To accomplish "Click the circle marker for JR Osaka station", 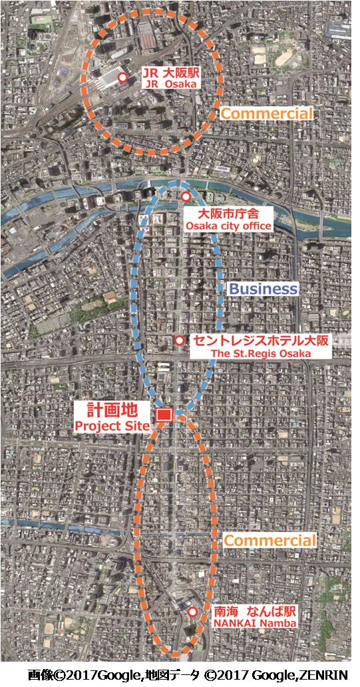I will [122, 78].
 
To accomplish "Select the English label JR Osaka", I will [164, 85].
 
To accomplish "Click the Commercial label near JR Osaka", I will [266, 114].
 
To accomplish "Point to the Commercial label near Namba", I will [270, 540].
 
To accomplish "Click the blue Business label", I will [263, 289].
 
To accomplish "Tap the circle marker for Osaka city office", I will [186, 198].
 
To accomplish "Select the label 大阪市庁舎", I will [228, 214].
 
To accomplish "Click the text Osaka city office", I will [228, 226].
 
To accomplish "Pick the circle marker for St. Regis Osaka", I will [178, 341].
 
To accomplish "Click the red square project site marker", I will [163, 415].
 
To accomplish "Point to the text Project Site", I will [112, 425].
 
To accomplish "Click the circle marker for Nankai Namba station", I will [192, 612].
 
